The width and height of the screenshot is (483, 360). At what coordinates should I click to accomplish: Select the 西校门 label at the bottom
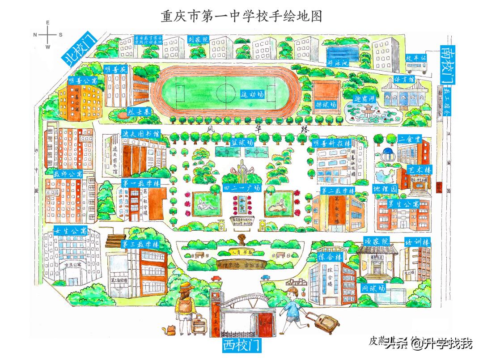242,346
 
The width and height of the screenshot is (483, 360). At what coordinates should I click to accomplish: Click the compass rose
48,34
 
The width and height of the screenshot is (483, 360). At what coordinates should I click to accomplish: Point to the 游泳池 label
338,63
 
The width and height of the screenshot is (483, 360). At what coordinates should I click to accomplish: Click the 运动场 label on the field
253,95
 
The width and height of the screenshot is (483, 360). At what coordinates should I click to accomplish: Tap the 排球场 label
326,104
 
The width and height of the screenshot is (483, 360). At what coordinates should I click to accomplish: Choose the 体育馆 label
404,79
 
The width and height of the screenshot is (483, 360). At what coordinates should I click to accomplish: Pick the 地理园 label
385,189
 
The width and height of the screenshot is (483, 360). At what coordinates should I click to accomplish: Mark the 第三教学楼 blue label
140,244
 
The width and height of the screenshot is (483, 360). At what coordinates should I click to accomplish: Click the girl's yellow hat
185,286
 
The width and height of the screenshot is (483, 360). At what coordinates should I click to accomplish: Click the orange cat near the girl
170,331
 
